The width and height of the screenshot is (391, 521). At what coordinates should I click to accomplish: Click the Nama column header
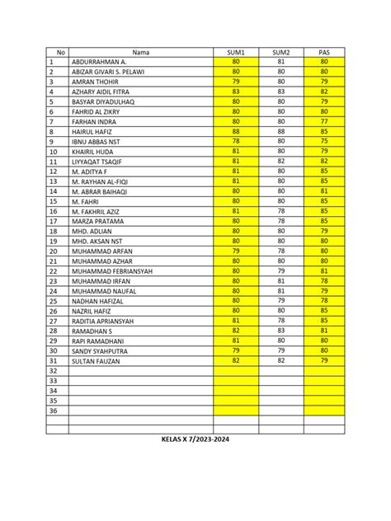[x=141, y=50]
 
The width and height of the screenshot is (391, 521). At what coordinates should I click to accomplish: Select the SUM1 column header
[x=236, y=50]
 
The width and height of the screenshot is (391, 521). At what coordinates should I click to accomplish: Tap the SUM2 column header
[x=281, y=50]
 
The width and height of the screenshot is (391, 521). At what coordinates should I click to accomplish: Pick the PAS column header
[x=323, y=50]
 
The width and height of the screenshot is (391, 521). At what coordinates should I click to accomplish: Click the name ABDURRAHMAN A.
[x=99, y=62]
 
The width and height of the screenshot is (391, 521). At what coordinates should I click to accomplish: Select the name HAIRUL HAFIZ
[x=95, y=131]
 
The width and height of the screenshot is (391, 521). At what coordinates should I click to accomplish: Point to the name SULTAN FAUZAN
[x=97, y=361]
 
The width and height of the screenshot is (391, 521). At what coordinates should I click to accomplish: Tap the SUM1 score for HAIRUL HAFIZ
[x=236, y=131]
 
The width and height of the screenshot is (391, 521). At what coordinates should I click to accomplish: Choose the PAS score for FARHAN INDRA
[x=323, y=120]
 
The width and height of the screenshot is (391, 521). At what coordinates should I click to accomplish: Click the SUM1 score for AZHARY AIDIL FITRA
[x=236, y=92]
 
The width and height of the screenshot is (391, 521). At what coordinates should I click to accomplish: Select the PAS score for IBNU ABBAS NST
[x=323, y=141]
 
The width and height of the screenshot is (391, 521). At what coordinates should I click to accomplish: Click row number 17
[x=54, y=220]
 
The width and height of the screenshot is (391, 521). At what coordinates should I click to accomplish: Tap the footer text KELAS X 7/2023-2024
[x=195, y=439]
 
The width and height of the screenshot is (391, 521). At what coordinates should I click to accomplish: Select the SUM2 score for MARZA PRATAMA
[x=281, y=220]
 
